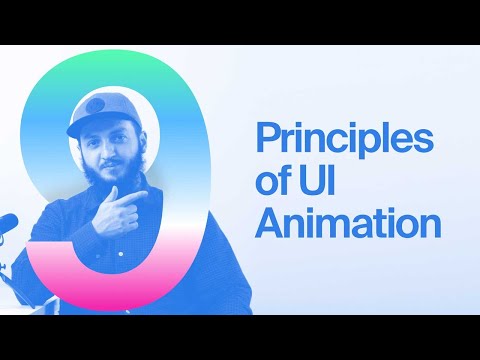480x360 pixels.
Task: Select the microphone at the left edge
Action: point(6,222)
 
